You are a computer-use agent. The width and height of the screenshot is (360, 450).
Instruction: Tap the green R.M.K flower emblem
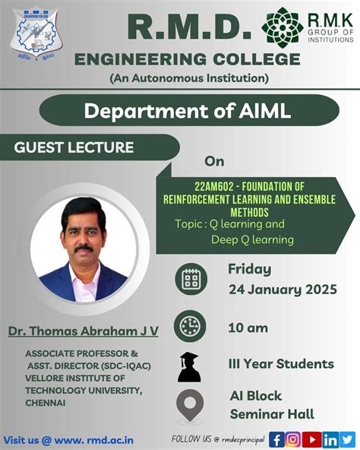click(x=283, y=27)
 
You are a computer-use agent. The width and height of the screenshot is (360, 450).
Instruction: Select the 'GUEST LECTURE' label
click(x=74, y=147)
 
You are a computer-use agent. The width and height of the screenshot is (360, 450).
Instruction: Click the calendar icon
click(x=191, y=280)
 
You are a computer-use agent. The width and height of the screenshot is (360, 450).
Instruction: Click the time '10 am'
click(x=247, y=328)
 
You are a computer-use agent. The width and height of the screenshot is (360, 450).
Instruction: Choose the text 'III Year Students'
click(x=281, y=363)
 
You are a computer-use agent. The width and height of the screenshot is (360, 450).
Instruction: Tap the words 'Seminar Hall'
click(x=272, y=414)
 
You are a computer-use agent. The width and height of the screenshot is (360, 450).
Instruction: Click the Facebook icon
click(x=276, y=439)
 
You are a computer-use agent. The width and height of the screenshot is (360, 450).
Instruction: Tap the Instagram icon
click(x=292, y=439)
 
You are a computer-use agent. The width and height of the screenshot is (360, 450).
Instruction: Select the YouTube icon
click(x=311, y=439)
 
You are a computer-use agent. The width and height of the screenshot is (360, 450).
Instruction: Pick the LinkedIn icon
click(x=330, y=439)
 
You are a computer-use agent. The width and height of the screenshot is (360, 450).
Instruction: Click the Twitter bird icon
click(x=347, y=439)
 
